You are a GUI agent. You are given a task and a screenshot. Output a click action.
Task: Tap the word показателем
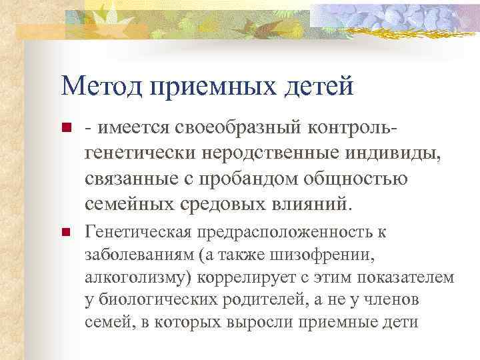[x=406, y=277]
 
